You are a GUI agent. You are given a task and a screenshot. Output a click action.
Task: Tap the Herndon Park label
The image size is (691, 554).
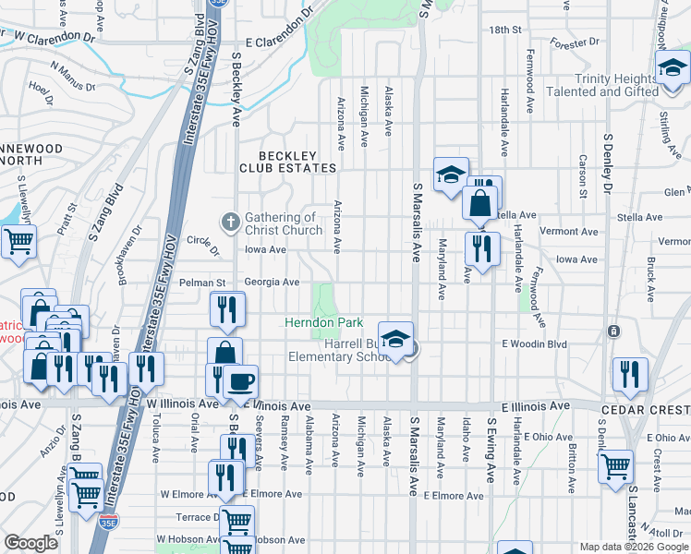pos(322,322)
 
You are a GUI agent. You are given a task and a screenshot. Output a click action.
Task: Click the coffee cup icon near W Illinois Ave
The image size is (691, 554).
pos(240,381)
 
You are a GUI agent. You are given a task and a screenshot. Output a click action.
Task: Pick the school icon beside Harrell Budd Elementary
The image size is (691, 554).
pos(395,340)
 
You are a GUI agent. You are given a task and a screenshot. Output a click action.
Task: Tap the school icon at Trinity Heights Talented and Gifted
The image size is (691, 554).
pos(673,68)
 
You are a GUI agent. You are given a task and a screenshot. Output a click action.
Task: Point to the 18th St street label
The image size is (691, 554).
pos(505,30)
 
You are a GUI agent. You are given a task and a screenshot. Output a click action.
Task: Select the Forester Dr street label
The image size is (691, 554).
pos(573,43)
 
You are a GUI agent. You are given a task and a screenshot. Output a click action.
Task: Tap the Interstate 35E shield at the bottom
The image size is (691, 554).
pos(108,523)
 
